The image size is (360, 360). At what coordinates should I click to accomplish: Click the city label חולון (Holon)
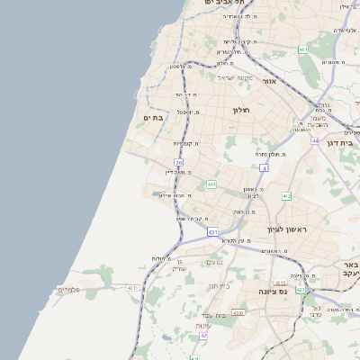pyautogui.click(x=240, y=110)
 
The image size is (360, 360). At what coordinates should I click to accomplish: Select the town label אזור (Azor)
pyautogui.click(x=269, y=81)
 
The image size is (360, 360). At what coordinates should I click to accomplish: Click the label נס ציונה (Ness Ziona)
pyautogui.click(x=272, y=291)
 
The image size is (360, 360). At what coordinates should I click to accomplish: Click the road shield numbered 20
pyautogui.click(x=179, y=163)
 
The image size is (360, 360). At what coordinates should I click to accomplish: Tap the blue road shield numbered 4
pyautogui.click(x=264, y=168)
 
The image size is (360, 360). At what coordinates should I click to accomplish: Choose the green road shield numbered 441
pyautogui.click(x=211, y=184)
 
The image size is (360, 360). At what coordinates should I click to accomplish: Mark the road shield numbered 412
pyautogui.click(x=286, y=195)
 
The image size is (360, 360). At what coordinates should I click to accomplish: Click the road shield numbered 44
pyautogui.click(x=315, y=140)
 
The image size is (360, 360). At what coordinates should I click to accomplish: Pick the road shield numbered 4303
pyautogui.click(x=238, y=312)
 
